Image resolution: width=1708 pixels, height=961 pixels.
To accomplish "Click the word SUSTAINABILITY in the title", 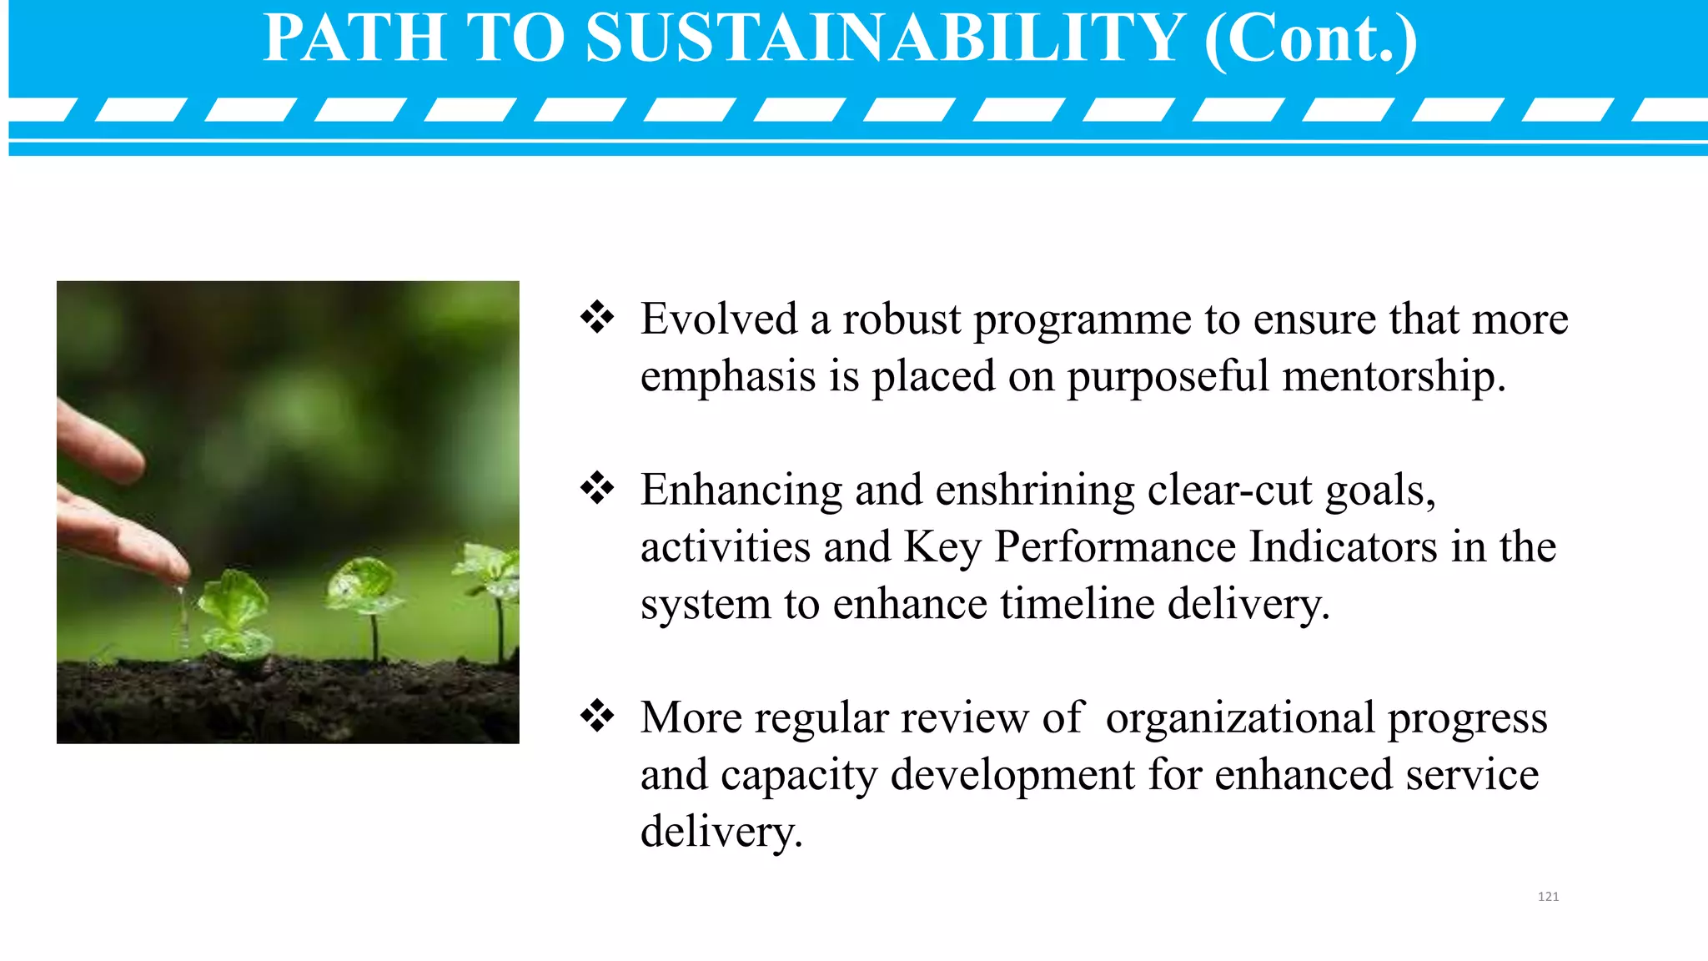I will coord(885,38).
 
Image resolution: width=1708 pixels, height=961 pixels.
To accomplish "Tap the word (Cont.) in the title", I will coord(1310,38).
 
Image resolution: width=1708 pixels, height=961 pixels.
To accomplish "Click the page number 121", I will coord(1548,897).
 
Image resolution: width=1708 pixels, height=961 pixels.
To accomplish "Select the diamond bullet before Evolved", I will coord(597,317).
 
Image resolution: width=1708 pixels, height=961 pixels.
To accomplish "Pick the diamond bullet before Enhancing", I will coord(597,488).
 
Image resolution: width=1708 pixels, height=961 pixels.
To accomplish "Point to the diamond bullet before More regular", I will coord(597,716).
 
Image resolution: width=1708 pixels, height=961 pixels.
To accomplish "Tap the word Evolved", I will coord(719,319).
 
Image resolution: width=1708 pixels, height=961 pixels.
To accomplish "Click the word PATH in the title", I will coord(354,38).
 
